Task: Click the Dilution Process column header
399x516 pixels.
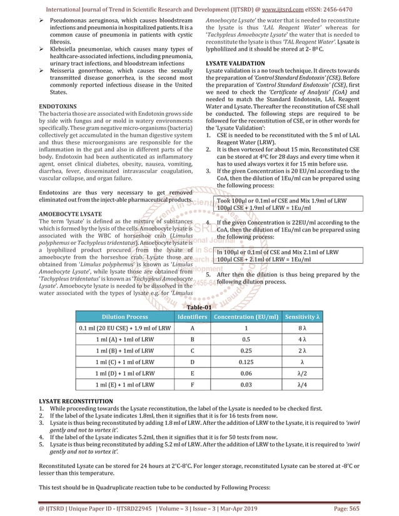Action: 124,317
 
